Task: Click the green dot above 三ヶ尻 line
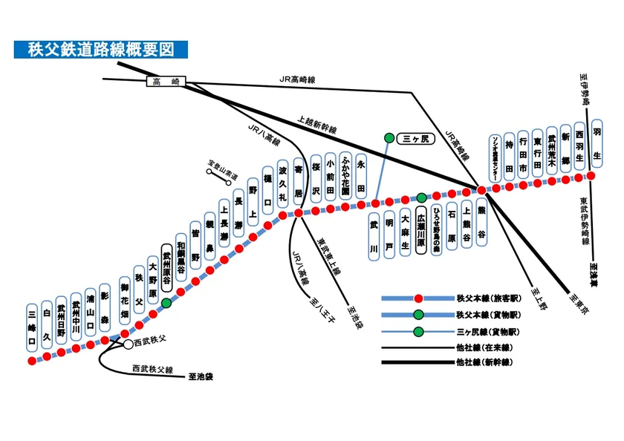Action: [389, 138]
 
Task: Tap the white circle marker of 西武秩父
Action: [128, 344]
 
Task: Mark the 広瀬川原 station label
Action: [420, 231]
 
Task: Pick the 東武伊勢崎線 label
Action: [582, 220]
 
